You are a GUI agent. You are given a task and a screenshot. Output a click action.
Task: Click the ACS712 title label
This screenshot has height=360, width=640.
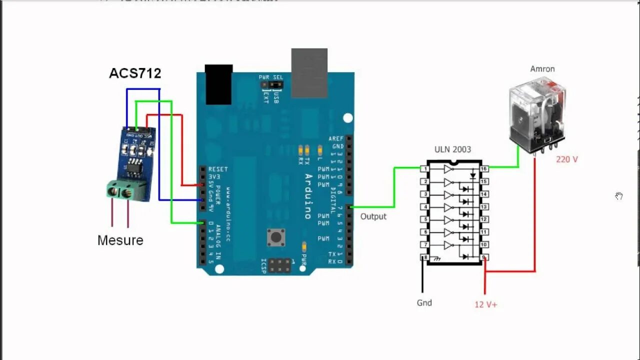[x=135, y=73]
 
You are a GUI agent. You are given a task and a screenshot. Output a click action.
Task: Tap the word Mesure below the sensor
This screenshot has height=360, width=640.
[x=120, y=240]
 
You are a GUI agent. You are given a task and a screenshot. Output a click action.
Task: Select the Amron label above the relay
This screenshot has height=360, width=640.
[x=542, y=69]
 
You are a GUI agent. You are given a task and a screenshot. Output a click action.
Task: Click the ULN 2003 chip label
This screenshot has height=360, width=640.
[x=452, y=149]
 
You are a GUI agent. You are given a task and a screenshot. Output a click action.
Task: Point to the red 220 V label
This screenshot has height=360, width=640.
[x=567, y=159]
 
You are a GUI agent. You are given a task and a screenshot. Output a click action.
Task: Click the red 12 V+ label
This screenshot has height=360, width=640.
[x=486, y=304]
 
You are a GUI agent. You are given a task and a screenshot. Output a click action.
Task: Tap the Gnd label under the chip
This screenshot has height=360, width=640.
[x=424, y=303]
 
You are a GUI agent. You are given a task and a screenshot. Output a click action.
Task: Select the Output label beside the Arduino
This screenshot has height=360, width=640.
[x=373, y=216]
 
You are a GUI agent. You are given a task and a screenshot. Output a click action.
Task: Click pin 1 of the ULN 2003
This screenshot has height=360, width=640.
[x=425, y=169]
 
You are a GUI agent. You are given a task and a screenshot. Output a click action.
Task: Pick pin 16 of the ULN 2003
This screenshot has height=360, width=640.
[x=484, y=169]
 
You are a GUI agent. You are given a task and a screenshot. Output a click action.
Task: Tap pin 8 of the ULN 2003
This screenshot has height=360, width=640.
[x=425, y=257]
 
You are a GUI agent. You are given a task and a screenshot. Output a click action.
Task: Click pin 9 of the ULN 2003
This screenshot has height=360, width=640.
[x=484, y=257]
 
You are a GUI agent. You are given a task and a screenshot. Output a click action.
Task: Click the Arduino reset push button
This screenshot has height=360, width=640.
[x=274, y=237]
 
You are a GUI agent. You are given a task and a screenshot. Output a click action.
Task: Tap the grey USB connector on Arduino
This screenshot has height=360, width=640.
[x=309, y=73]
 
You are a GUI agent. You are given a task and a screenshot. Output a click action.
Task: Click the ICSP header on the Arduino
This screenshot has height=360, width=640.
[x=280, y=265]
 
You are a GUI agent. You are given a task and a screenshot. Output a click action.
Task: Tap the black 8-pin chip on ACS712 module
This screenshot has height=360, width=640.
[x=134, y=168]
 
